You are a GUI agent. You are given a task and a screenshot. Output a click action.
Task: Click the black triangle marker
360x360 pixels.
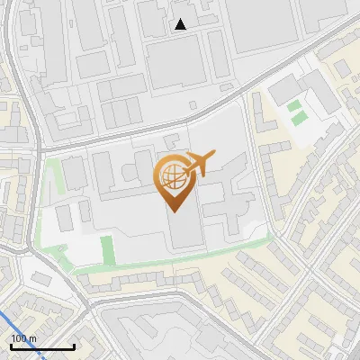[181, 24]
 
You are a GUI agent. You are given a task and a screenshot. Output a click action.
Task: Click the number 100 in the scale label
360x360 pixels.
[19, 338]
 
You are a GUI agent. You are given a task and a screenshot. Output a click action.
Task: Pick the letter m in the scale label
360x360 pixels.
[33, 338]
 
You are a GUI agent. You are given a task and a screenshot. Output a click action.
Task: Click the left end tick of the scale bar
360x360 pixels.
[11, 346]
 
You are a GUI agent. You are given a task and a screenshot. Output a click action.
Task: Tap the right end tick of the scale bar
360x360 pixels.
[74, 346]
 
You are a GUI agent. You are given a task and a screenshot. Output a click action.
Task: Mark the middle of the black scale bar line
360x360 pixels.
[42, 347]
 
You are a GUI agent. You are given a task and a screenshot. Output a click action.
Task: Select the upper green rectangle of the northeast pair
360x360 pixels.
[295, 106]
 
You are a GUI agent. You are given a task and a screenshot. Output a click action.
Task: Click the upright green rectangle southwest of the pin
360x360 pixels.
[107, 248]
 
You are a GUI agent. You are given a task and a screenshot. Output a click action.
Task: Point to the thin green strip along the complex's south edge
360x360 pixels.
[180, 257]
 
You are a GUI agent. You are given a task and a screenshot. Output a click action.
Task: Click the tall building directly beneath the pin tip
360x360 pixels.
[185, 229]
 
